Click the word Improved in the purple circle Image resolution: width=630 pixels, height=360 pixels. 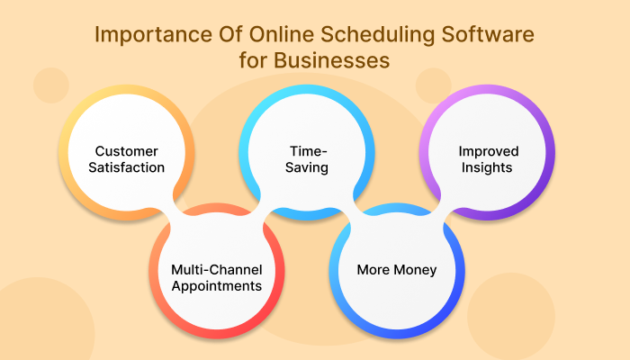click(487, 150)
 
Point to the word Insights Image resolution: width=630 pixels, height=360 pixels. click(487, 167)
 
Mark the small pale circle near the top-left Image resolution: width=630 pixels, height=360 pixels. click(51, 85)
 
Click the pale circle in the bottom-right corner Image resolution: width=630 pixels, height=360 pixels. click(510, 315)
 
